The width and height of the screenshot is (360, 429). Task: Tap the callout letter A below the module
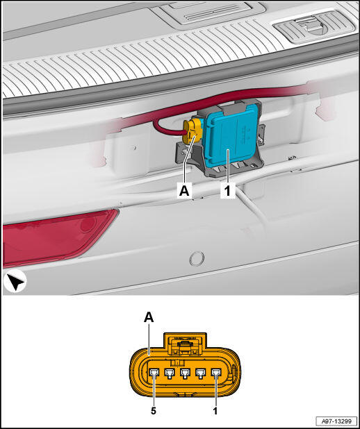184,191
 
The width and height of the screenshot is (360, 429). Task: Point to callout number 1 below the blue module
227,191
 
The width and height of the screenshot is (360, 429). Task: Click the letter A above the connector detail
149,318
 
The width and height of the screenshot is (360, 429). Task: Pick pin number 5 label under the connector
154,411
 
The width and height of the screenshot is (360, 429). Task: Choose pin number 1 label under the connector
215,411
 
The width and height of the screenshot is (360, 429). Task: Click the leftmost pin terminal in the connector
154,373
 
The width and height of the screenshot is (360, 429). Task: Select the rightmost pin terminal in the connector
216,373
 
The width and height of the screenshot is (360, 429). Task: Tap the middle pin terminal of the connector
185,373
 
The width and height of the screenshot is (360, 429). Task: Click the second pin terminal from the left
170,373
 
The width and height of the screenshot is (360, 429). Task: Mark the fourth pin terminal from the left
201,373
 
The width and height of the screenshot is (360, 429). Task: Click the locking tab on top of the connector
185,345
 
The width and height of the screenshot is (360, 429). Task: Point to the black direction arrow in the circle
15,282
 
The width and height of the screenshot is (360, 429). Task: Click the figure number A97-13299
336,421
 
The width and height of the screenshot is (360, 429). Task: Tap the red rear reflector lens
55,237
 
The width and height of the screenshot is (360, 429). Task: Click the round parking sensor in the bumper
197,258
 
